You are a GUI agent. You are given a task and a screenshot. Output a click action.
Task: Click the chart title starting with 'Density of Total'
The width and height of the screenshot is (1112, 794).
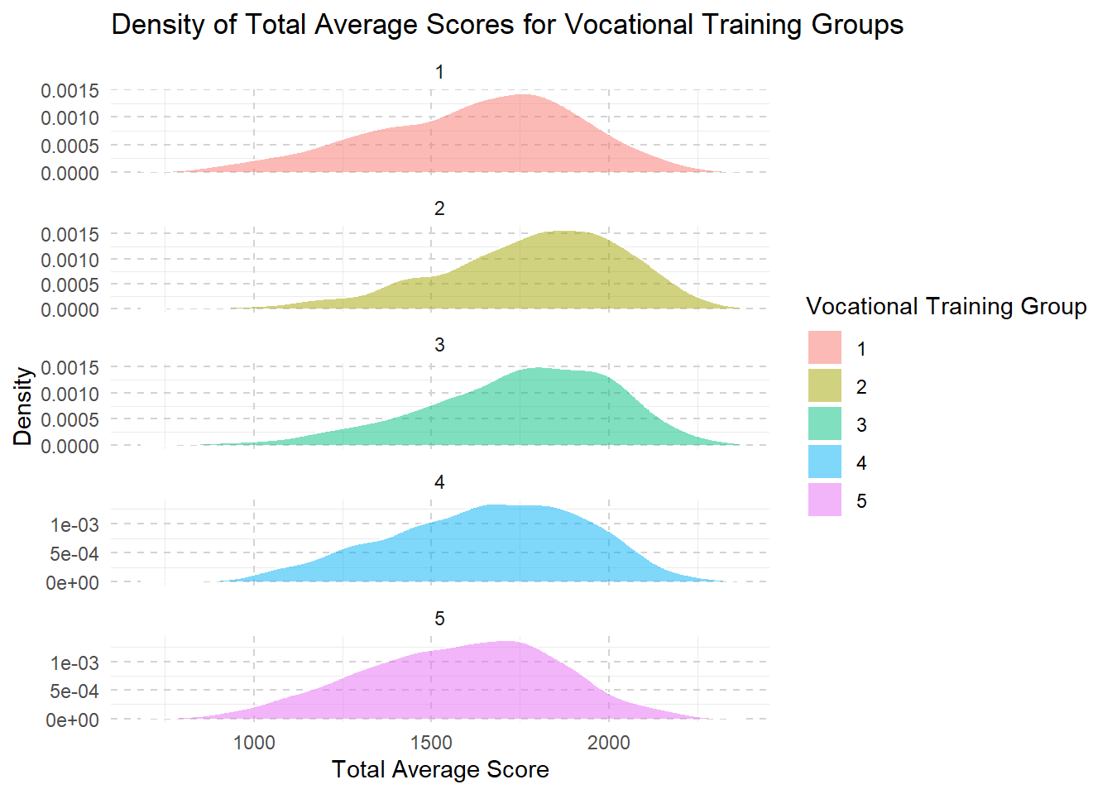(506, 25)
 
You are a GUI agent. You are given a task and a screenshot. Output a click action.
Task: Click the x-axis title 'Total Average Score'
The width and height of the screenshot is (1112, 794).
(440, 770)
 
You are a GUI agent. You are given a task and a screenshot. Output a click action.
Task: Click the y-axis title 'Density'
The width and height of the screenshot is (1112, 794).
(23, 406)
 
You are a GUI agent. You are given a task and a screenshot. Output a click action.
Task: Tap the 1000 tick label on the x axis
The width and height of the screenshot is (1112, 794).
(254, 743)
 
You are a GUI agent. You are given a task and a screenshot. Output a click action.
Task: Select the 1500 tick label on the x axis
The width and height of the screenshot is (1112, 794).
(431, 743)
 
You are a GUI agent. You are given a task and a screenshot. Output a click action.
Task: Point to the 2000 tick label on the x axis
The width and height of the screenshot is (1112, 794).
(609, 743)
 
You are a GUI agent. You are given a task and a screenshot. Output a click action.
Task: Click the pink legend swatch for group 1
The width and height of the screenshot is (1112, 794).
(824, 347)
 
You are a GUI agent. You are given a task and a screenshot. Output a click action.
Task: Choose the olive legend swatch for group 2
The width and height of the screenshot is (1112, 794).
(824, 385)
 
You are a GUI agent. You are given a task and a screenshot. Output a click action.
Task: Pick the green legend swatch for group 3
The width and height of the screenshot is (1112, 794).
(824, 423)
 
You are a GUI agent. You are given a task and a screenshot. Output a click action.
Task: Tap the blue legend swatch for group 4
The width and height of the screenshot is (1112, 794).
(824, 462)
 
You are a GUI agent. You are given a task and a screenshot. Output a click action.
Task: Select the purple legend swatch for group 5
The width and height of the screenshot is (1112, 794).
(824, 500)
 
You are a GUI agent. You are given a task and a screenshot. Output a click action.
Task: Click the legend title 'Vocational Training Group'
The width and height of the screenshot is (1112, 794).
(946, 307)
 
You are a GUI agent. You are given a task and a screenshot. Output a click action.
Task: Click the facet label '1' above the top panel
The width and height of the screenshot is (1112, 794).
(439, 73)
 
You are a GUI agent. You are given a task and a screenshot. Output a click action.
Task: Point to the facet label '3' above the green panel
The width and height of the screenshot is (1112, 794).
(439, 346)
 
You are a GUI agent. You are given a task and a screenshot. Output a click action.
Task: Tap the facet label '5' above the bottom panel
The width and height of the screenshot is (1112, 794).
(439, 619)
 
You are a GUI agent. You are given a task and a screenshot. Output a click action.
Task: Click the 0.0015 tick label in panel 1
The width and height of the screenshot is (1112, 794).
(70, 91)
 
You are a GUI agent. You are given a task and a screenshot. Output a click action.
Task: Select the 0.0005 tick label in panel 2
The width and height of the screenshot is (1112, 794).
(70, 285)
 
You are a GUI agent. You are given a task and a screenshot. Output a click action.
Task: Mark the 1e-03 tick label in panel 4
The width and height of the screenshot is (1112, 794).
(74, 525)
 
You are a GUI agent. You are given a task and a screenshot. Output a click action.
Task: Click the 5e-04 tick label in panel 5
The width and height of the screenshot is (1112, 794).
(74, 691)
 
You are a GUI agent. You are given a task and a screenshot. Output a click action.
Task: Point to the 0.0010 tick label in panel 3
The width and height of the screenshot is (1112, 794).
(70, 394)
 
